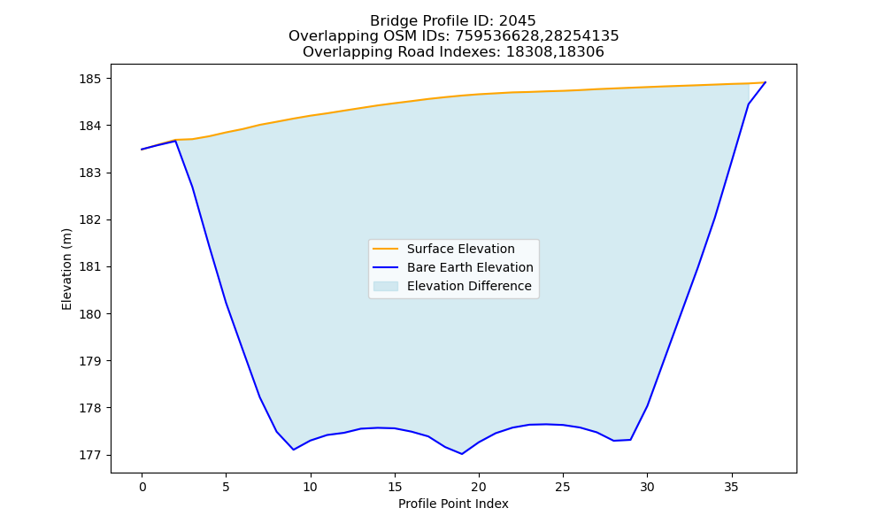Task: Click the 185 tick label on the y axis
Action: point(91,79)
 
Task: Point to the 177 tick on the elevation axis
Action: point(91,455)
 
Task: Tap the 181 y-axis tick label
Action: point(91,267)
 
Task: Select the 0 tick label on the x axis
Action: point(142,487)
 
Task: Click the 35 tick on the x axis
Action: point(732,487)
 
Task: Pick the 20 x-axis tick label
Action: point(479,487)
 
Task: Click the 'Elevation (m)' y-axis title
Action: point(66,269)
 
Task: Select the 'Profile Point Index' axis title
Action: point(453,504)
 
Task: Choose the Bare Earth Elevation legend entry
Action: point(452,267)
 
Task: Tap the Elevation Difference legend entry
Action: point(452,286)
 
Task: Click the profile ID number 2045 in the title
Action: point(517,21)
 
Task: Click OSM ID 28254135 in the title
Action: point(582,36)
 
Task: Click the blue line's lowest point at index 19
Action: point(462,454)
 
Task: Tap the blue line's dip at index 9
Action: point(294,450)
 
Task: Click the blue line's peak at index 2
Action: point(175,141)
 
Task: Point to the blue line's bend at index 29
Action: point(630,440)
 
